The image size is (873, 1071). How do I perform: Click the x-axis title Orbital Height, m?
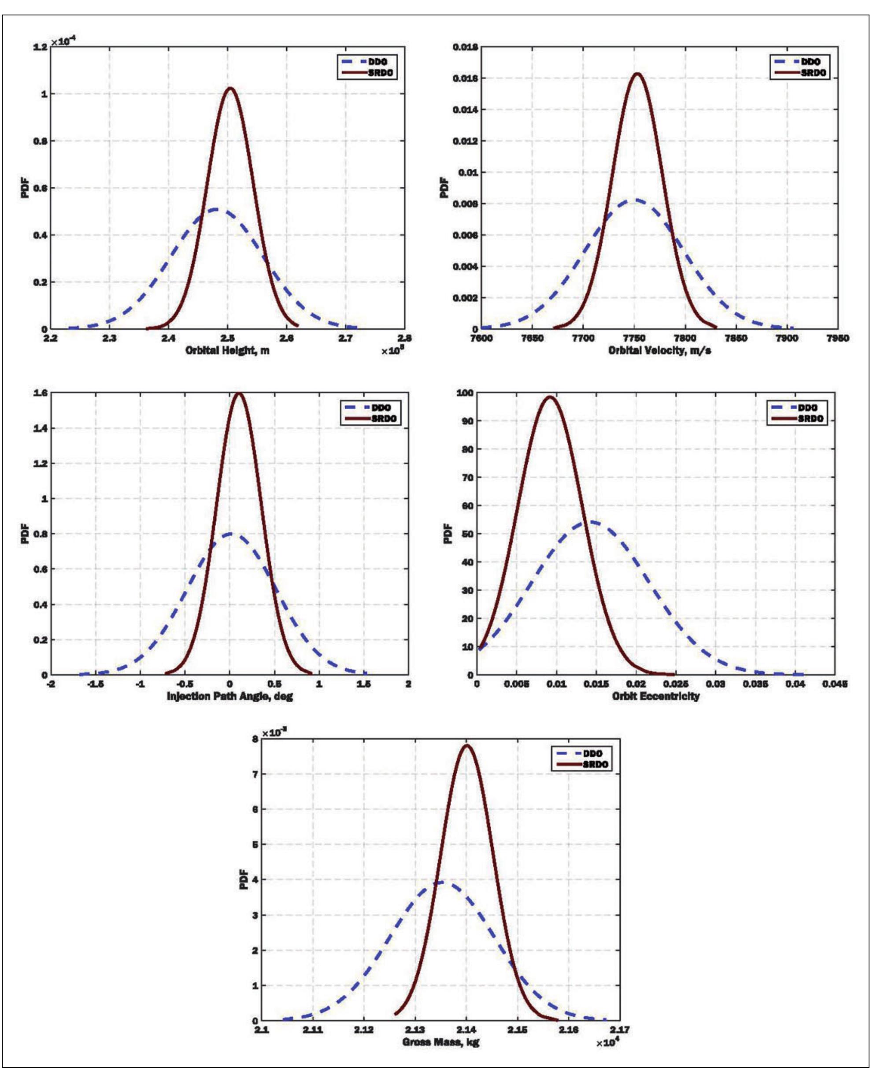click(227, 350)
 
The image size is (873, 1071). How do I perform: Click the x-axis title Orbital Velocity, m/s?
click(660, 350)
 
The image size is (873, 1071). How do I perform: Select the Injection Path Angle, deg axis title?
click(230, 696)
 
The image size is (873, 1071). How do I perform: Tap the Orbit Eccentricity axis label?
click(656, 696)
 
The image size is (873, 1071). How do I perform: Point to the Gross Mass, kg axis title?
click(440, 1042)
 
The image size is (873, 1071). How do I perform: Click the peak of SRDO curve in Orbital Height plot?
click(230, 89)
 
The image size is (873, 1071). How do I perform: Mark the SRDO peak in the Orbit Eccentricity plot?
click(551, 397)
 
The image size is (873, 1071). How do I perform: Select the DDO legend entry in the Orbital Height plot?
click(365, 62)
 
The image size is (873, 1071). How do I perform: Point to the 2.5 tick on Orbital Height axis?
click(227, 338)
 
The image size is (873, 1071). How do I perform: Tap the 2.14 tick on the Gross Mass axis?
click(466, 1030)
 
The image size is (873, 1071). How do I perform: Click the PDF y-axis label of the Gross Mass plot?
click(244, 879)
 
